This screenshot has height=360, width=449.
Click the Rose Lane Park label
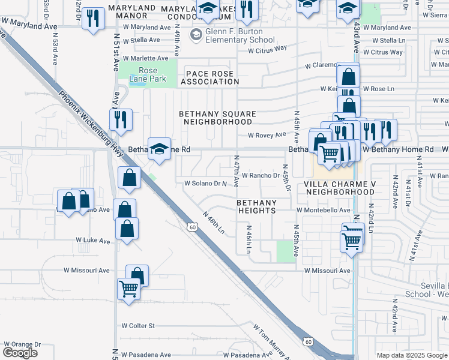pos(143,74)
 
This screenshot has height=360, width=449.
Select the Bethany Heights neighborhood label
pos(255,206)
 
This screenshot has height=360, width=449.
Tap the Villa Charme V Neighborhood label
pos(339,187)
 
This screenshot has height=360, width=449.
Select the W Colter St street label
pos(138,326)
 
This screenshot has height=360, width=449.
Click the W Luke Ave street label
pos(93,240)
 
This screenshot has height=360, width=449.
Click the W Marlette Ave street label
pos(145,58)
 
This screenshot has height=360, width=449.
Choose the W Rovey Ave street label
pos(267,136)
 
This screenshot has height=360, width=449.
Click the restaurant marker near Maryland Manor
pos(93,18)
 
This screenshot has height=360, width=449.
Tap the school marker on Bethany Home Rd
pos(159,150)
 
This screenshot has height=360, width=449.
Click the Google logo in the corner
pos(20,353)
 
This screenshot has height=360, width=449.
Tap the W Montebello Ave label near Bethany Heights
pos(323,210)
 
